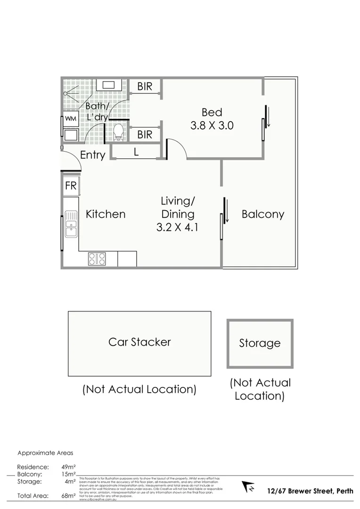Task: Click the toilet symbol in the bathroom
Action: point(118,132)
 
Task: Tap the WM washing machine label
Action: point(70,118)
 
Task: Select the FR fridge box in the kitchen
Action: point(71,186)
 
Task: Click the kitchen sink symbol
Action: point(71,224)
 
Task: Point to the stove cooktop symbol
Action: point(97,259)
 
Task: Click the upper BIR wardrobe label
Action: point(145,87)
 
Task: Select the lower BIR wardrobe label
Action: point(145,135)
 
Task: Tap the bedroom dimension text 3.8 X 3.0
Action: point(212,126)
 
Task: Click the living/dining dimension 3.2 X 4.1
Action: point(178,227)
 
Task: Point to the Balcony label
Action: point(262,214)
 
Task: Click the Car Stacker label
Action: point(139,342)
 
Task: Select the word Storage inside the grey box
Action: point(260,343)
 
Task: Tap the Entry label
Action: point(92,155)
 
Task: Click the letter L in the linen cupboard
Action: point(136,152)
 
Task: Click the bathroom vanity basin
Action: point(109,85)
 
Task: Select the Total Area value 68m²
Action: point(68,496)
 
